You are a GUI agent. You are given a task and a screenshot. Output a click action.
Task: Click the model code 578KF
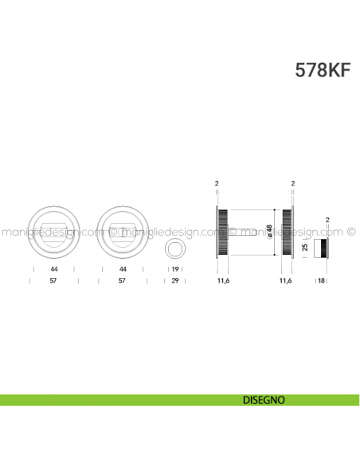323,68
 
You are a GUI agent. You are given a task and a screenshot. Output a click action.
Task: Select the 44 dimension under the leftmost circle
52,270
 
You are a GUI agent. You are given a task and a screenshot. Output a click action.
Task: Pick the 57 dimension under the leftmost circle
52,282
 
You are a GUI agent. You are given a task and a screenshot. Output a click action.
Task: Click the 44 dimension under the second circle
123,270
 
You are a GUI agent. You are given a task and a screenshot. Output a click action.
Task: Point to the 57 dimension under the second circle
123,282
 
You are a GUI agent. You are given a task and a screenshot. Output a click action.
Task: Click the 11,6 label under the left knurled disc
222,282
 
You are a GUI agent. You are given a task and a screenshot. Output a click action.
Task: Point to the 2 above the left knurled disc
217,183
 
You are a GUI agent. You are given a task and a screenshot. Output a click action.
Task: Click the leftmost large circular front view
52,232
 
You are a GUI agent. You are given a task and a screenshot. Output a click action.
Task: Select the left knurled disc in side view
222,232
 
